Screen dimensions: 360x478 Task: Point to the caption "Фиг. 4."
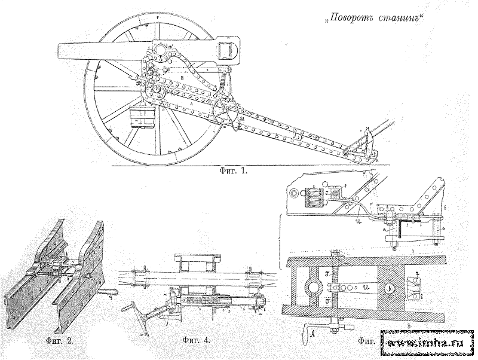coord(196,341)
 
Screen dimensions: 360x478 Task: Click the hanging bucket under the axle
coord(143,117)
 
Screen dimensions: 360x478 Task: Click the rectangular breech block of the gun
coord(226,48)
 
